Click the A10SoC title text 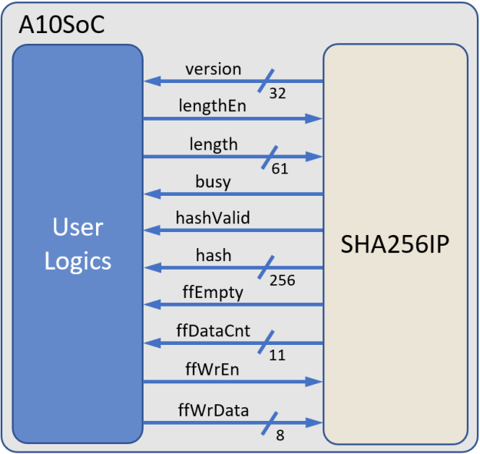coord(61,24)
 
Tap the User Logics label coord(78,244)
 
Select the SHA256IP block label coord(395,246)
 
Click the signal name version coord(213,69)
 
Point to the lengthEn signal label coord(213,106)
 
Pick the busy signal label coord(213,182)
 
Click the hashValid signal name coord(213,218)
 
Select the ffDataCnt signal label coord(213,331)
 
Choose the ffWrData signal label coord(213,410)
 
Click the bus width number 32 coord(277,94)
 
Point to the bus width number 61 coord(280,169)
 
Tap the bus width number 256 coord(282,281)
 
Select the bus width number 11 coord(277,356)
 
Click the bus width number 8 coord(279,436)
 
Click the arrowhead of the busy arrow coord(151,194)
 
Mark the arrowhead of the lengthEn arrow coord(315,118)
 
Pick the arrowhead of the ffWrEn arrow coord(315,382)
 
